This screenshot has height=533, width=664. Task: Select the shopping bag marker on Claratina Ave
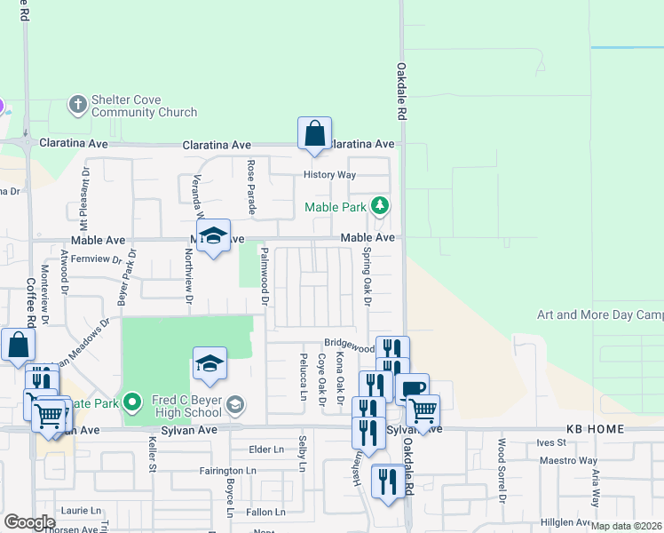(314, 134)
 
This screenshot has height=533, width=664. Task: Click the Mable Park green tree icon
(380, 206)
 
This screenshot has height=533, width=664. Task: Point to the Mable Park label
(335, 207)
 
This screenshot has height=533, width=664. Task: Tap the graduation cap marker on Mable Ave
(212, 236)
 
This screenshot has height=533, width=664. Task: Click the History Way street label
(329, 175)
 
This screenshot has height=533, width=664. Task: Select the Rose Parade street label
(251, 187)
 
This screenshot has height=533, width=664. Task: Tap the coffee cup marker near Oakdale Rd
(412, 389)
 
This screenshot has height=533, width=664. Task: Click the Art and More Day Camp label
(600, 315)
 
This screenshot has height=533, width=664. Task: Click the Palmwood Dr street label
(264, 276)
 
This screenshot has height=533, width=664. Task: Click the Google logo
(29, 522)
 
